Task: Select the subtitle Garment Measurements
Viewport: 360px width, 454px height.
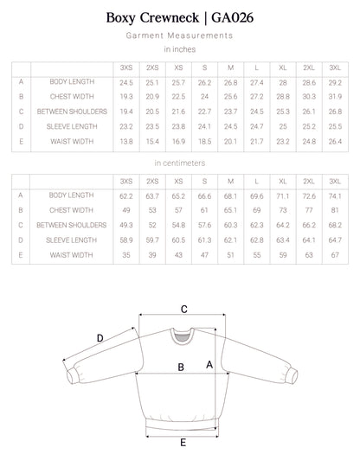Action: point(179,36)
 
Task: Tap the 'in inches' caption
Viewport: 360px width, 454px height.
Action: point(179,50)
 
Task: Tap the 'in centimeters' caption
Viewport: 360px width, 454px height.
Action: point(179,163)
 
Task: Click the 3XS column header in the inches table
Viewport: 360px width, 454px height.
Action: point(126,67)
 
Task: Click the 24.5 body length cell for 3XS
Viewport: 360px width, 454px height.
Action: point(126,81)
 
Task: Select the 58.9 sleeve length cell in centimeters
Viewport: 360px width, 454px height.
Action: point(126,241)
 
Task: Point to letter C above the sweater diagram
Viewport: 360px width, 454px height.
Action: point(183,308)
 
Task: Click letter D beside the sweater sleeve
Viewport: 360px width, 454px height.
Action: point(100,338)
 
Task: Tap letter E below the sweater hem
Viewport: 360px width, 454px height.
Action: point(183,443)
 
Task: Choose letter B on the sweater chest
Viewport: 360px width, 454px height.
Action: point(181,367)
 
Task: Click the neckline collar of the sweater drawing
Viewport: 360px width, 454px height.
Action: point(183,333)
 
